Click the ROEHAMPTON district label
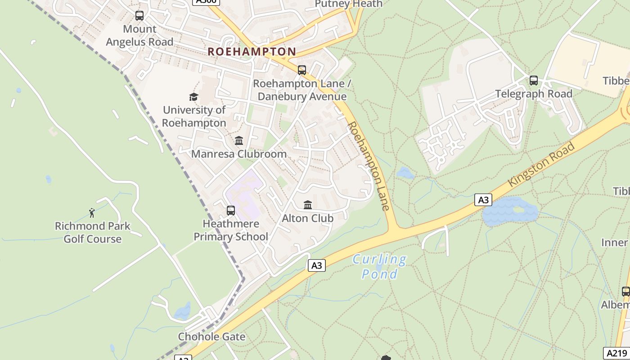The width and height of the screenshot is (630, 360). pyautogui.click(x=252, y=52)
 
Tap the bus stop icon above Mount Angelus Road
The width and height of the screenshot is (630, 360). pyautogui.click(x=139, y=16)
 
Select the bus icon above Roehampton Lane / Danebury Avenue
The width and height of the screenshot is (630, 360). pyautogui.click(x=301, y=70)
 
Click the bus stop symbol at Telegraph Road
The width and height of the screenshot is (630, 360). pyautogui.click(x=533, y=81)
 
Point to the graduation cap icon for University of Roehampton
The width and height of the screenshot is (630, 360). pyautogui.click(x=193, y=97)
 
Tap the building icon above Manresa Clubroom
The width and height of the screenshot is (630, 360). pyautogui.click(x=239, y=140)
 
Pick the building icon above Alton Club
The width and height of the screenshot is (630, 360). pyautogui.click(x=308, y=205)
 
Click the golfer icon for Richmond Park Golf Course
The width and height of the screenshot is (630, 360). pyautogui.click(x=92, y=212)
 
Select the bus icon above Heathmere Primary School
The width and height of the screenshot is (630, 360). pyautogui.click(x=231, y=210)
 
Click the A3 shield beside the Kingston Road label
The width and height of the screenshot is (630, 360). pyautogui.click(x=483, y=200)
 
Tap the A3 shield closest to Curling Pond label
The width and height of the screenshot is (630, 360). pyautogui.click(x=317, y=265)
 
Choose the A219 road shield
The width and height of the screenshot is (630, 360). pyautogui.click(x=616, y=353)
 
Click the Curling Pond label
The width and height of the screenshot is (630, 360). pyautogui.click(x=380, y=266)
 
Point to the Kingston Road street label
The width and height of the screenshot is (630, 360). pyautogui.click(x=542, y=164)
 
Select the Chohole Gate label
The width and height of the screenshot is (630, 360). pyautogui.click(x=211, y=337)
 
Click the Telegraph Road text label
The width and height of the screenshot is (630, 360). pyautogui.click(x=534, y=94)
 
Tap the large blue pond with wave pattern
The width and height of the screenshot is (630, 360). pyautogui.click(x=510, y=211)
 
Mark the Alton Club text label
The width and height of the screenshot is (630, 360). pyautogui.click(x=308, y=218)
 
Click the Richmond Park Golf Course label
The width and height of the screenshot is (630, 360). pyautogui.click(x=92, y=232)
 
